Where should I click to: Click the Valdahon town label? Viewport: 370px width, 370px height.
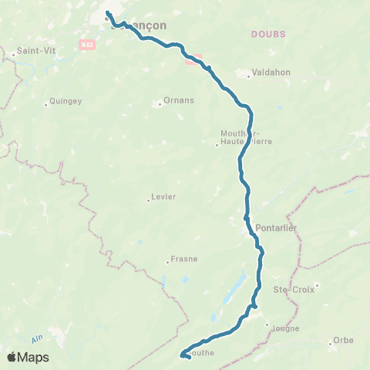[x=267, y=76]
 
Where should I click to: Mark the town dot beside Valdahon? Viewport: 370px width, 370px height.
[x=248, y=76]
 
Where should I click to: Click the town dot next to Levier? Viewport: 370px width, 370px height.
[x=148, y=200]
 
